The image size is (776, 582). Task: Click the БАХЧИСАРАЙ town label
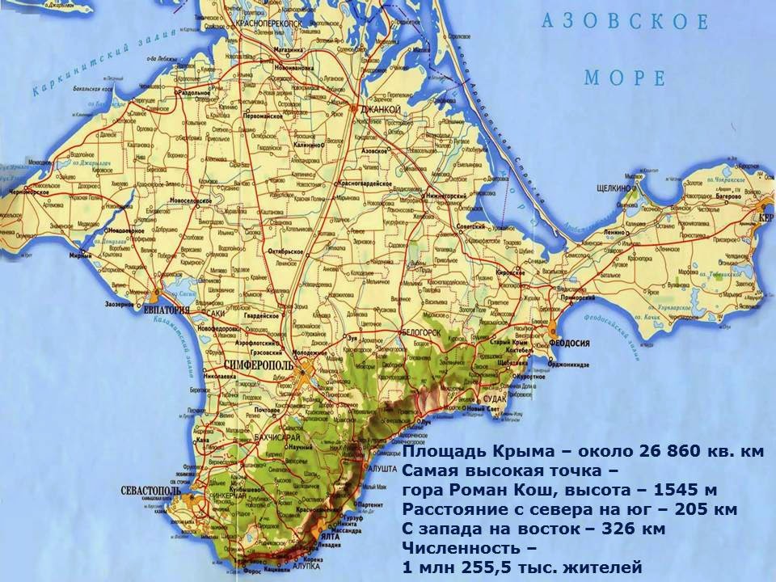[x=268, y=437]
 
